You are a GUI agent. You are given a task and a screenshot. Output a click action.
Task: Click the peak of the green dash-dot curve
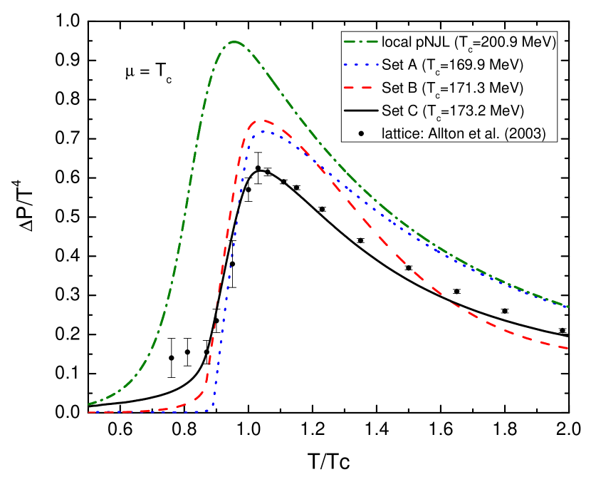click(x=235, y=42)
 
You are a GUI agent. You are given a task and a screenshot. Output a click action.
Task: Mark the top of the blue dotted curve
click(x=265, y=132)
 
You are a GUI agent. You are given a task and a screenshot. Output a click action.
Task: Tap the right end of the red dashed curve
click(x=568, y=348)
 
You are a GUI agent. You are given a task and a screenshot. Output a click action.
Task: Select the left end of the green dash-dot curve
click(x=88, y=404)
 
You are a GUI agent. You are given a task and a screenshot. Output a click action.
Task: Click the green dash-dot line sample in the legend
click(x=361, y=42)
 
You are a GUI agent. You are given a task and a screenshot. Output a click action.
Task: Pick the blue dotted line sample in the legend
click(x=361, y=65)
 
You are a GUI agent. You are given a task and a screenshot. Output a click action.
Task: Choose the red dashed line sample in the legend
click(x=361, y=88)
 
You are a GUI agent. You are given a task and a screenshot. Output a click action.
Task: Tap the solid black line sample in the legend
click(x=361, y=111)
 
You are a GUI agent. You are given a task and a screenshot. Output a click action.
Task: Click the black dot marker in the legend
click(x=361, y=133)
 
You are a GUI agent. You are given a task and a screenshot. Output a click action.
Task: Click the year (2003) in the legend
click(x=528, y=133)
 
